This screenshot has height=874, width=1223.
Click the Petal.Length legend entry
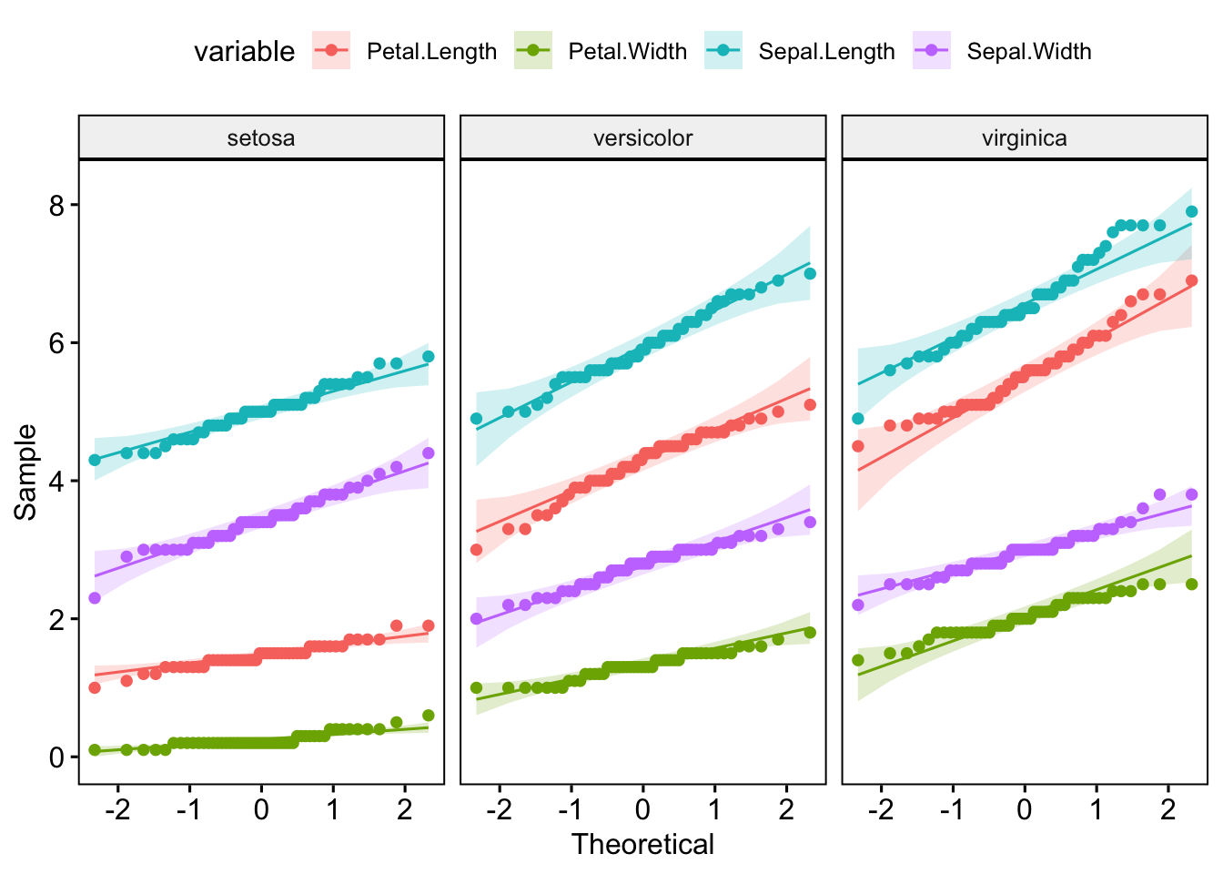pyautogui.click(x=431, y=52)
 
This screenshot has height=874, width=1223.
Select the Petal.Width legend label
pyautogui.click(x=627, y=52)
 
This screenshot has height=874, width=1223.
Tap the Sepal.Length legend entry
pyautogui.click(x=826, y=52)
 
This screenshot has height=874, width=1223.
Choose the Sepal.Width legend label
pyautogui.click(x=1028, y=52)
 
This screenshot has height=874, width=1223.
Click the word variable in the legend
pyautogui.click(x=244, y=52)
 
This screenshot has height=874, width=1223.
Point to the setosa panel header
pyautogui.click(x=261, y=138)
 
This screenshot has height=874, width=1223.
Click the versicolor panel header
pyautogui.click(x=642, y=138)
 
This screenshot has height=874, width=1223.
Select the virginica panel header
pyautogui.click(x=1025, y=138)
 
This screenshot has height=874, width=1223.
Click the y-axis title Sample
pyautogui.click(x=26, y=472)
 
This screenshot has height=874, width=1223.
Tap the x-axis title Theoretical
pyautogui.click(x=642, y=845)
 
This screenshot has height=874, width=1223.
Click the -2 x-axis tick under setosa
pyautogui.click(x=118, y=809)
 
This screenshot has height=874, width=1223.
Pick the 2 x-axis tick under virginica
pyautogui.click(x=1168, y=809)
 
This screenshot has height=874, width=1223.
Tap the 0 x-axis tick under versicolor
pyautogui.click(x=642, y=809)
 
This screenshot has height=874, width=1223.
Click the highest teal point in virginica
pyautogui.click(x=1191, y=211)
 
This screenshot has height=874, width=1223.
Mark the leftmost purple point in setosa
pyautogui.click(x=95, y=598)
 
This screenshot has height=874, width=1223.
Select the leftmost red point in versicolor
pyautogui.click(x=476, y=550)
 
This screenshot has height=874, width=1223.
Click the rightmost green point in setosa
pyautogui.click(x=429, y=716)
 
